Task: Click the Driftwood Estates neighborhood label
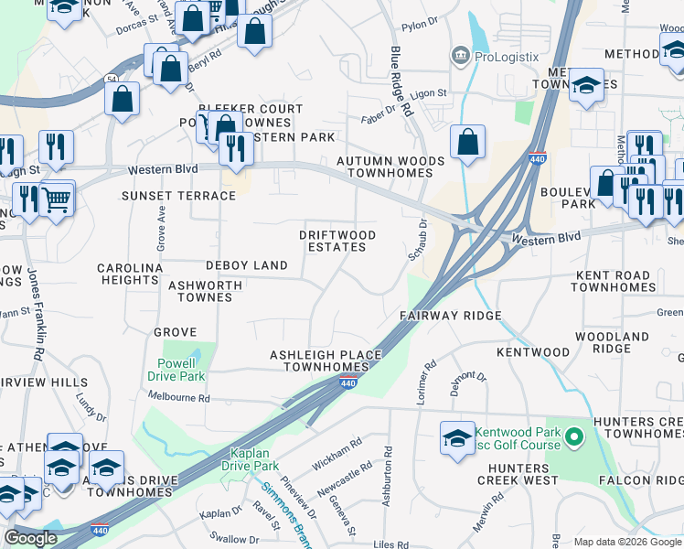point(337,242)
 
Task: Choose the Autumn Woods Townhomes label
point(390,167)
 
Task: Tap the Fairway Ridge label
point(450,316)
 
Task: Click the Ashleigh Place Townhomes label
point(319,361)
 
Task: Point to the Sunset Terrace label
point(179,196)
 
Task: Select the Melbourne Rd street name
point(179,398)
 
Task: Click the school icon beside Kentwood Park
point(457,437)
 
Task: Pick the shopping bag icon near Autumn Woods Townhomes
point(468,143)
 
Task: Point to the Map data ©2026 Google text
point(626,542)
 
